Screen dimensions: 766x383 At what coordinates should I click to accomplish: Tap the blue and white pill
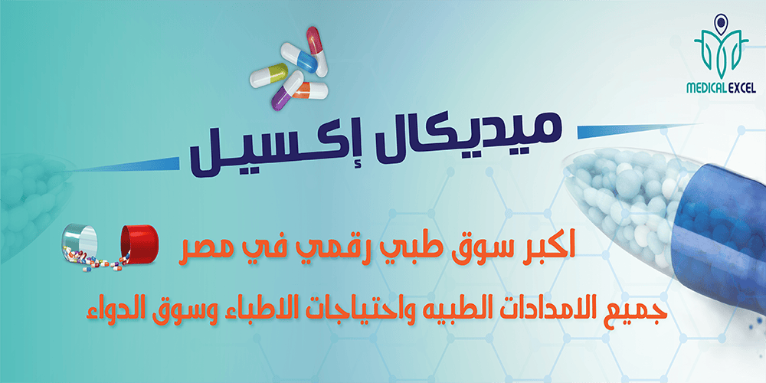click(x=299, y=57)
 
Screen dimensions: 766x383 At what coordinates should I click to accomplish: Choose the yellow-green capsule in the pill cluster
click(x=268, y=75)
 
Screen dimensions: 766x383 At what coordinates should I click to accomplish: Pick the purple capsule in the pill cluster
click(x=287, y=90)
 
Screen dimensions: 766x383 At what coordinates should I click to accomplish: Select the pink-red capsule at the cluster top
click(x=316, y=51)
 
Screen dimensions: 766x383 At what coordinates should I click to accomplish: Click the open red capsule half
click(x=139, y=242)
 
